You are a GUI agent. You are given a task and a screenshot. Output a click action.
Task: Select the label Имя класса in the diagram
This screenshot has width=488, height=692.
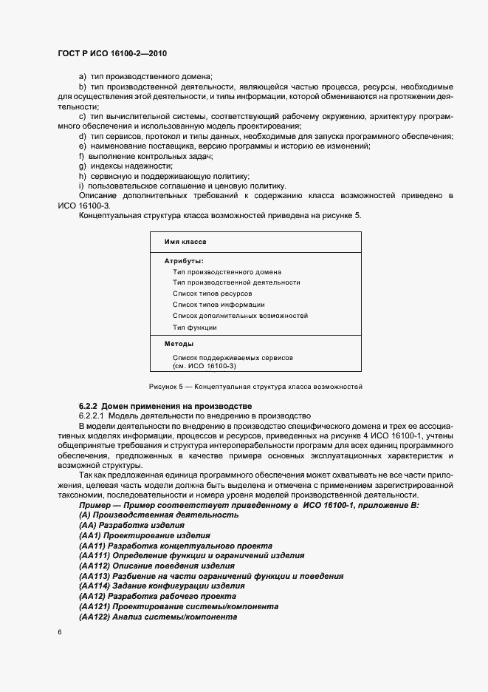click(x=185, y=242)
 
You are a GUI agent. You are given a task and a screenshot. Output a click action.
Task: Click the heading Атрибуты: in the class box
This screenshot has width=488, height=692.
click(x=184, y=260)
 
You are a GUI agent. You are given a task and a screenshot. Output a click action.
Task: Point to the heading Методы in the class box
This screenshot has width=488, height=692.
click(x=179, y=344)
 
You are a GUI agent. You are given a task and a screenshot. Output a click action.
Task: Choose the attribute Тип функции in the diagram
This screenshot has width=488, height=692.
click(x=194, y=327)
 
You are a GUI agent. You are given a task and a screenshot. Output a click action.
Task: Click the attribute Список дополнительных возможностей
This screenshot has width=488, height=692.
click(x=240, y=316)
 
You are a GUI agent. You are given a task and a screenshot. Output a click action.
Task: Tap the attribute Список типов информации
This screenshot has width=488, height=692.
click(x=219, y=305)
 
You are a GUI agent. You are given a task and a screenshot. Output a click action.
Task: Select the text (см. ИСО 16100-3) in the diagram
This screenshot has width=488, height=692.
click(x=205, y=365)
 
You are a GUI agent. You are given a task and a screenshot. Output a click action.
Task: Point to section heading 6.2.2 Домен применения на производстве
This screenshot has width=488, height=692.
click(x=165, y=406)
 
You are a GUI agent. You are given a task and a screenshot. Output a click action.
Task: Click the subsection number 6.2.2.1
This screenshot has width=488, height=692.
click(x=94, y=416)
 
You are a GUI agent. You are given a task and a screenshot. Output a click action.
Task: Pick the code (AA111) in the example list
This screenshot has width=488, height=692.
click(x=94, y=555)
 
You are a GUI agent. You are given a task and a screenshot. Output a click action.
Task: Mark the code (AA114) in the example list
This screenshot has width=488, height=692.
click(x=94, y=586)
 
